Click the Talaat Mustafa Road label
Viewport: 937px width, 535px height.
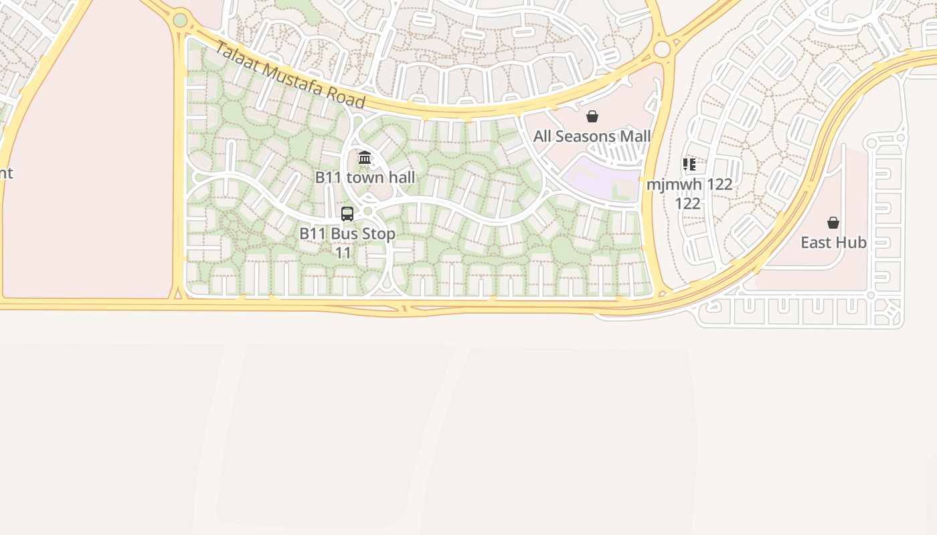point(290,75)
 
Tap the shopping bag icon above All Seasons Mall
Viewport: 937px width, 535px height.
point(592,117)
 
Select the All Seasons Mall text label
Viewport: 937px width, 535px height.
point(592,136)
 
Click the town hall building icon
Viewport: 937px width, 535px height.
point(365,158)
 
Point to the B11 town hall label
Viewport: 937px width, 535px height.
point(365,177)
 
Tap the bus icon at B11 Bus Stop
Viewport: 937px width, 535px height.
point(347,214)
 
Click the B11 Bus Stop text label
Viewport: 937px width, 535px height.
point(347,234)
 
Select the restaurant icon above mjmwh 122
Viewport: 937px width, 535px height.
point(689,165)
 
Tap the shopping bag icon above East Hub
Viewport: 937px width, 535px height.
point(833,223)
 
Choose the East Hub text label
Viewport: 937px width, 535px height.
point(833,242)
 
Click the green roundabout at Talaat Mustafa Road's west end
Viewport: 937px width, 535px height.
point(180,20)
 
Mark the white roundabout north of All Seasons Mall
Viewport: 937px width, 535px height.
point(662,49)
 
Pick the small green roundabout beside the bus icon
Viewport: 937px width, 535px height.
point(367,211)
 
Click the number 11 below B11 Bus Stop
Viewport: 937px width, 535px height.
point(343,253)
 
